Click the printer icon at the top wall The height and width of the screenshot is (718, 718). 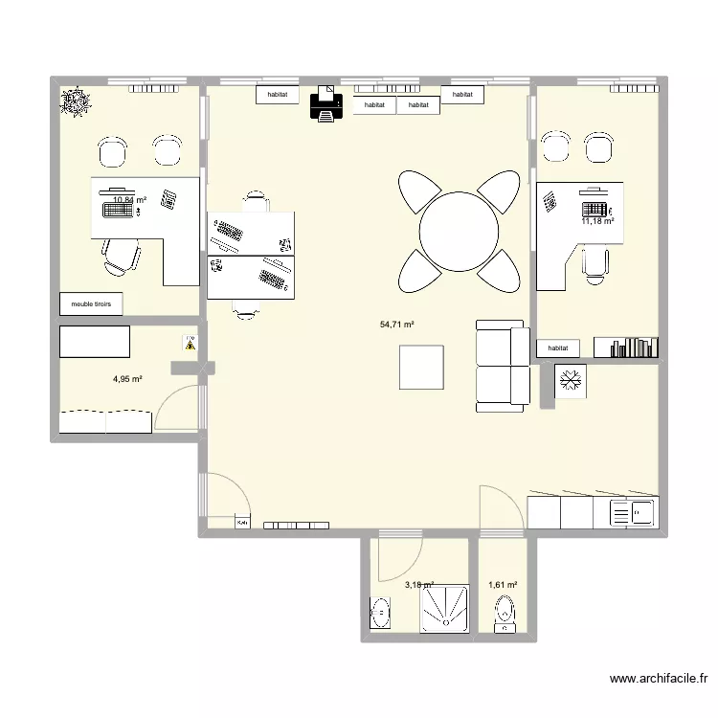click(x=326, y=102)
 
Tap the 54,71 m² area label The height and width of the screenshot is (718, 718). click(x=397, y=325)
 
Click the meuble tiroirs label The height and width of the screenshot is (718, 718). click(x=91, y=303)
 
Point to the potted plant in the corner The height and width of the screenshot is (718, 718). click(x=75, y=100)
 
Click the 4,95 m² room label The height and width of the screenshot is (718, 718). click(x=127, y=379)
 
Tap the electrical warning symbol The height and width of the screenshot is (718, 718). click(x=190, y=343)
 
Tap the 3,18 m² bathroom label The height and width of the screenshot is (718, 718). click(x=419, y=584)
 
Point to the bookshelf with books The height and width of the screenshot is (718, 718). click(x=625, y=348)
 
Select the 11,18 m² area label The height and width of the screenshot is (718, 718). click(x=597, y=221)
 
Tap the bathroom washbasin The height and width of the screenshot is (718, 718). click(x=381, y=611)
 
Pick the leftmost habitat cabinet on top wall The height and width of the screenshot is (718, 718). click(x=279, y=95)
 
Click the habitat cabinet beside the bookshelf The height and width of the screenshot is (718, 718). click(x=559, y=349)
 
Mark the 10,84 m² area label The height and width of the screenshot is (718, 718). click(x=130, y=200)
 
